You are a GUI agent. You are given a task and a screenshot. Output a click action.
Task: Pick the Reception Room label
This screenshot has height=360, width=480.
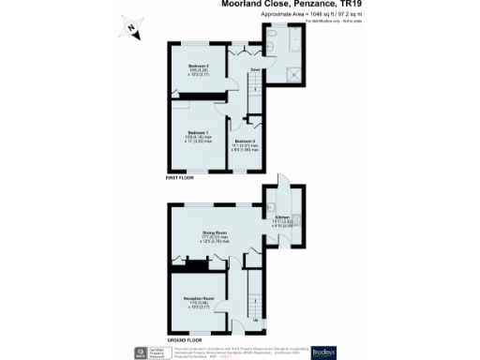click(x=196, y=301)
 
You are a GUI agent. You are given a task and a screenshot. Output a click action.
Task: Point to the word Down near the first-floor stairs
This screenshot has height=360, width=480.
click(x=253, y=69)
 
